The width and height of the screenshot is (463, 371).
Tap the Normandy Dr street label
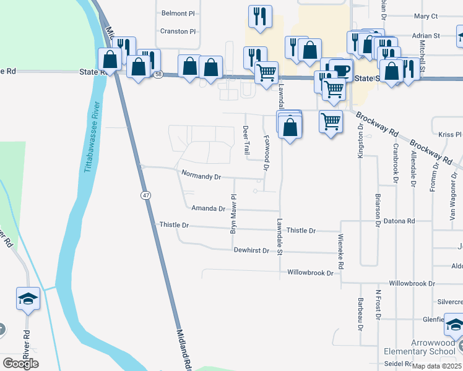pos(201,176)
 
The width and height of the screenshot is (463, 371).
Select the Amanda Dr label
pos(209,209)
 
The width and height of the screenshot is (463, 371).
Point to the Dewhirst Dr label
pos(251,250)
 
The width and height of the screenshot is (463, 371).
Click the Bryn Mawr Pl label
pos(234,214)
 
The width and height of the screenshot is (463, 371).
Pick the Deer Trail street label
pos(246,139)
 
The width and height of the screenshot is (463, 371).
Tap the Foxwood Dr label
pos(266,153)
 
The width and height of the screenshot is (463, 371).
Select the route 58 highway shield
pos(159,74)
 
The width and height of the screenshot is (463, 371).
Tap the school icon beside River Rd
pos(28,299)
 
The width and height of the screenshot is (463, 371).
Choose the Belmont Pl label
pos(178,13)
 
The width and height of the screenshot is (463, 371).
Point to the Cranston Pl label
pos(178,31)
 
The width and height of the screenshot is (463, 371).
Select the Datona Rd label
pos(399,221)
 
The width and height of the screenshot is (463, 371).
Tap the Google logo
pos(20,364)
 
